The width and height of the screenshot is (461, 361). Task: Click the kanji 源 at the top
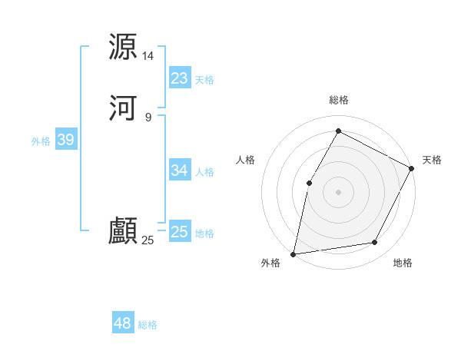(x=123, y=47)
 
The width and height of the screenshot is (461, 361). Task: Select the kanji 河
(x=123, y=108)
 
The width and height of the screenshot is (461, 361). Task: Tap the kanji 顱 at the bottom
(x=123, y=231)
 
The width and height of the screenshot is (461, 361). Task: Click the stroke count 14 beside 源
(x=148, y=56)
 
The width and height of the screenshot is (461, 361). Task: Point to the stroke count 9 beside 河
(x=148, y=117)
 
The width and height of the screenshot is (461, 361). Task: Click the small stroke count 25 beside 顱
(x=148, y=240)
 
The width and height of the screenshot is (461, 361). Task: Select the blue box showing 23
(x=179, y=78)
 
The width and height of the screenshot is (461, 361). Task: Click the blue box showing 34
(x=179, y=170)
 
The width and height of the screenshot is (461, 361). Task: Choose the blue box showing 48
(x=123, y=323)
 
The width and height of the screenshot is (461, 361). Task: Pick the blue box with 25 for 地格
(x=179, y=231)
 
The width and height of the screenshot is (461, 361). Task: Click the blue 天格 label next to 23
(x=204, y=79)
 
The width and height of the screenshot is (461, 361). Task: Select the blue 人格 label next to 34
(x=204, y=171)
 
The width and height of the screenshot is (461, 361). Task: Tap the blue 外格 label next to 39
(x=41, y=141)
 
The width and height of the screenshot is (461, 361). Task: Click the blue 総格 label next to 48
(x=148, y=325)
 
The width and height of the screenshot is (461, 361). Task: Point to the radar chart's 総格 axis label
(x=339, y=100)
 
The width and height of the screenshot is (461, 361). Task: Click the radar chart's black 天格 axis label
(x=432, y=160)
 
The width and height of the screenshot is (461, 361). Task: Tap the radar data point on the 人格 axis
(x=309, y=183)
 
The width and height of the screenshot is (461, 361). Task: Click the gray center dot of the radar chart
(x=339, y=191)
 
